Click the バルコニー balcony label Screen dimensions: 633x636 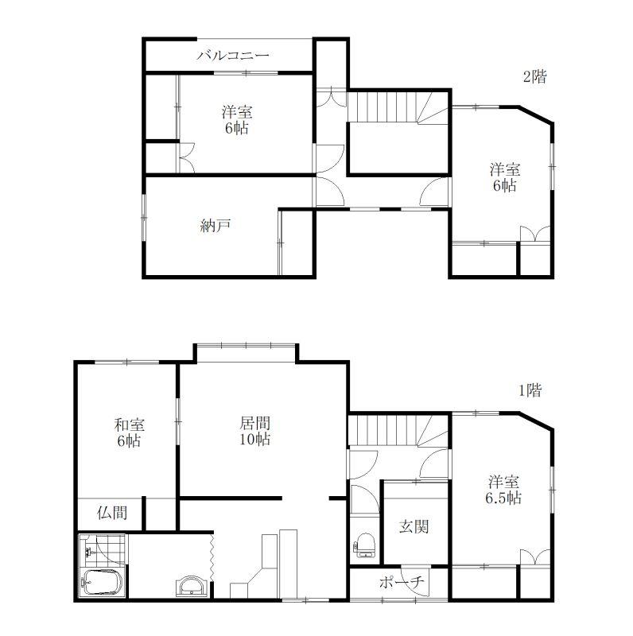(232, 55)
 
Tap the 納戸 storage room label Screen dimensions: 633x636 (216, 226)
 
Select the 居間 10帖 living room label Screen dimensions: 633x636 (254, 431)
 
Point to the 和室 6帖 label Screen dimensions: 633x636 (130, 432)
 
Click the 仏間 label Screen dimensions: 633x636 (112, 513)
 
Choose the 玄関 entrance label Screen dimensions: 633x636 (414, 526)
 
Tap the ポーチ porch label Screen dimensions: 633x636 (402, 583)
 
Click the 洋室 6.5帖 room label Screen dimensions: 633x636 (503, 490)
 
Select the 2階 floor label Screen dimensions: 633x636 (535, 76)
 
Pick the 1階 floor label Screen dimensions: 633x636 (530, 390)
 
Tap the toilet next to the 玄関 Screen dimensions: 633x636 (364, 545)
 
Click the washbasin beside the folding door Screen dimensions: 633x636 (192, 585)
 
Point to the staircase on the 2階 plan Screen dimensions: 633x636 (398, 107)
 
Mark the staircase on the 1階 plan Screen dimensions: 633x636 (398, 430)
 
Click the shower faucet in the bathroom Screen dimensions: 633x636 (89, 552)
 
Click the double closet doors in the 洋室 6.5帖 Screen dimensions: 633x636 (535, 557)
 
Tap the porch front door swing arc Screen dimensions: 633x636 (413, 583)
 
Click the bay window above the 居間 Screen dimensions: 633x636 (247, 346)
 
